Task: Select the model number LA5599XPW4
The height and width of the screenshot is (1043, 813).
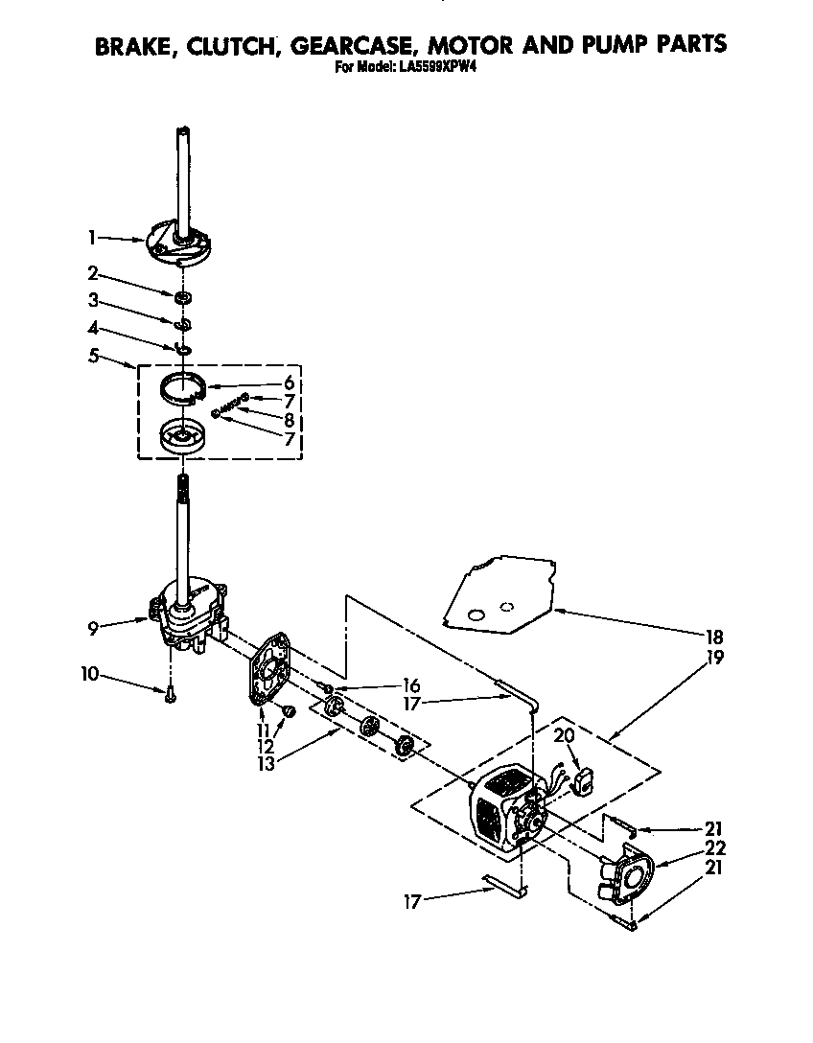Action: pos(437,68)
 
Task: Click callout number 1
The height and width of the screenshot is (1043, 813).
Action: pos(92,236)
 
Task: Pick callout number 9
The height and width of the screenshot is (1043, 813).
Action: pos(92,630)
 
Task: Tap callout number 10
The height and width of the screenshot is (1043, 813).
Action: pos(88,674)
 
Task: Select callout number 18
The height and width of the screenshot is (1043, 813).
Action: pos(713,637)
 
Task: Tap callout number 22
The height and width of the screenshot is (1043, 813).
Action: pos(714,847)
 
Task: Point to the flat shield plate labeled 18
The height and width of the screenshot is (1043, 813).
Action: pos(499,594)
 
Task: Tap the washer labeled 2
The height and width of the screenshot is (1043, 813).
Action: pos(181,297)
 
